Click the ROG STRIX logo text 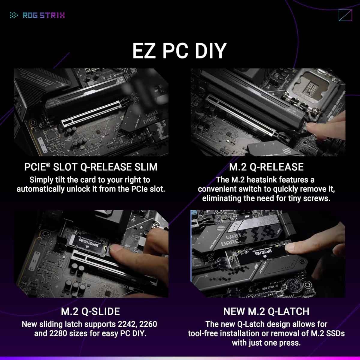click(x=43, y=15)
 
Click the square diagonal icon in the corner click(x=345, y=15)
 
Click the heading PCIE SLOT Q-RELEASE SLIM click(x=91, y=167)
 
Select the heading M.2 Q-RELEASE click(x=266, y=167)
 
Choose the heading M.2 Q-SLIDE click(x=90, y=311)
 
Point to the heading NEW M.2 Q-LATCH click(x=266, y=311)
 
